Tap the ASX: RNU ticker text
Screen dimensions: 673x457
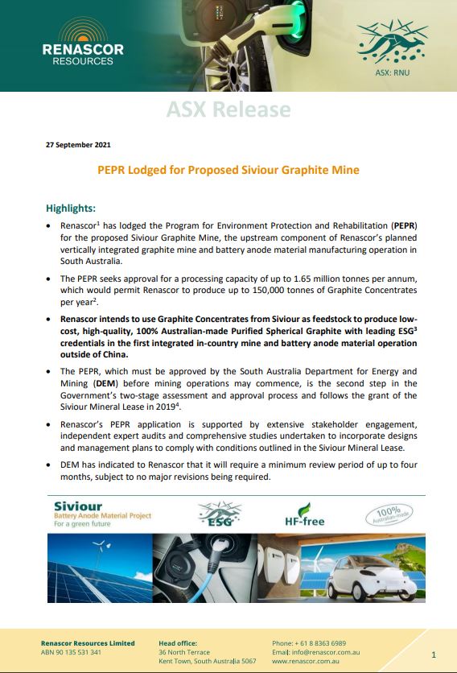[x=393, y=72]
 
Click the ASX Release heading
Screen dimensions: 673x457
[x=228, y=109]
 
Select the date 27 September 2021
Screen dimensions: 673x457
[x=77, y=145]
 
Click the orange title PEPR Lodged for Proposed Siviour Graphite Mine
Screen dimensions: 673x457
[x=228, y=171]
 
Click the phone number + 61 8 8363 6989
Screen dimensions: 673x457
[x=309, y=643]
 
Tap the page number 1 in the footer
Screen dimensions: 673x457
[x=434, y=654]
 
